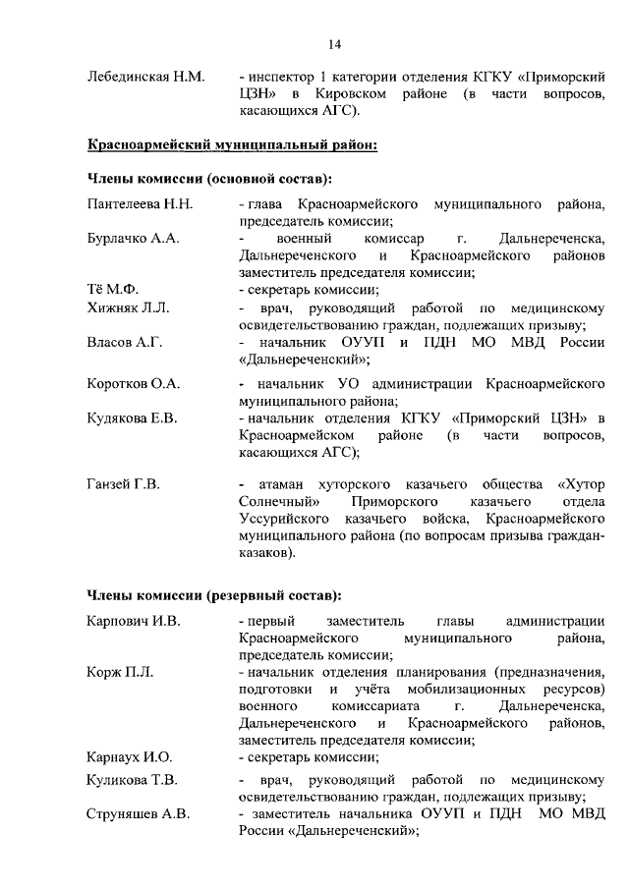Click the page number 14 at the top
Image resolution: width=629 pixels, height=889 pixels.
335,43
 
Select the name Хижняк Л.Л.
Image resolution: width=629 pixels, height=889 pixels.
129,307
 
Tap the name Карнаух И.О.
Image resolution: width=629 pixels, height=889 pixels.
130,756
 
